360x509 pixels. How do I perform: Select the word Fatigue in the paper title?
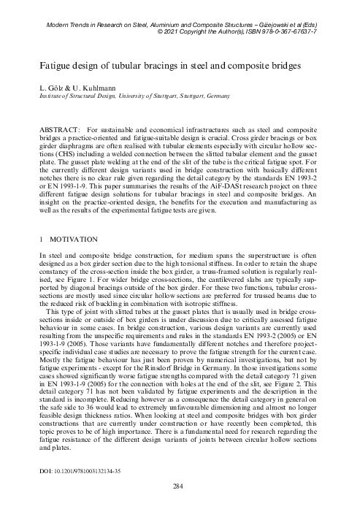tap(61, 66)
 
